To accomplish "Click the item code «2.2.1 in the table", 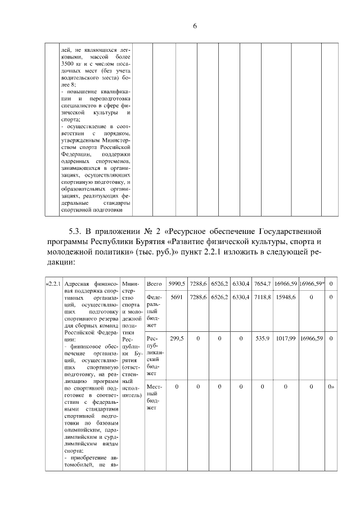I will click(x=53, y=283).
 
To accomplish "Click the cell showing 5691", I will click(x=177, y=297).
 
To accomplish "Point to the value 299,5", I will click(x=177, y=339).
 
